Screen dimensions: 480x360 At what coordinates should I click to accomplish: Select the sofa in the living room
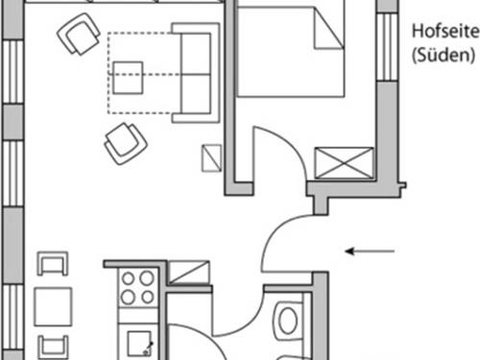pyautogui.click(x=195, y=73)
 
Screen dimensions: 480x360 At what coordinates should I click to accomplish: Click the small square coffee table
pyautogui.click(x=129, y=75)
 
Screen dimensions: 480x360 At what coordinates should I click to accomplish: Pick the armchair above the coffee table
pyautogui.click(x=78, y=36)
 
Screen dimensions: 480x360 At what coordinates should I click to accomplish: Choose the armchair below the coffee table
pyautogui.click(x=124, y=144)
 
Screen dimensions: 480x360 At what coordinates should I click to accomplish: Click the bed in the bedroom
pyautogui.click(x=290, y=53)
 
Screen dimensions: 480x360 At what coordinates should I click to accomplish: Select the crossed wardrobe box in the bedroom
pyautogui.click(x=343, y=162)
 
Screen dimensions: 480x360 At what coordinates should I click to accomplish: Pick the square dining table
pyautogui.click(x=54, y=307)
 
